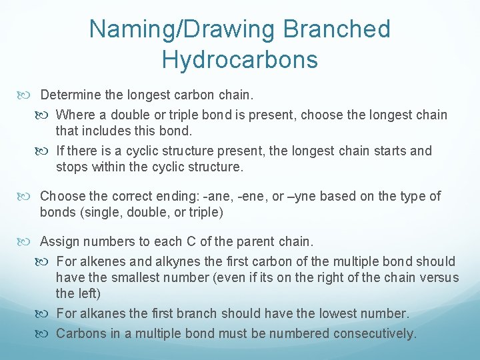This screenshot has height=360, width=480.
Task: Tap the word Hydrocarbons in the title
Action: pos(239,60)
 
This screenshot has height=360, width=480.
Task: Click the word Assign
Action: pos(59,241)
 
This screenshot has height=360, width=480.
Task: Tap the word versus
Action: pos(437,277)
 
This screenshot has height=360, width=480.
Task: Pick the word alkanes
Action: pos(100,313)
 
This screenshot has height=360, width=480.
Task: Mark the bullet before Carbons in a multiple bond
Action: pos(45,333)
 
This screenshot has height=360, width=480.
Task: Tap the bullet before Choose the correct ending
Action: pos(28,196)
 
